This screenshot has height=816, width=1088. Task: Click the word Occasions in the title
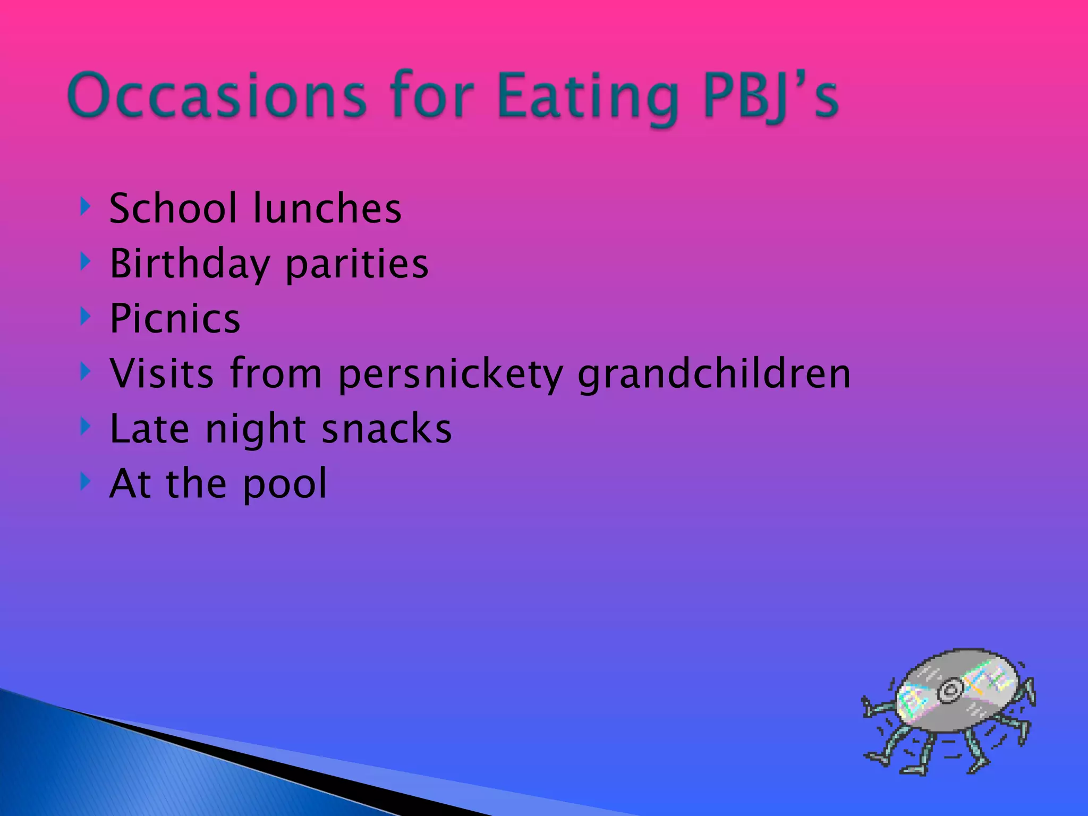coord(217,96)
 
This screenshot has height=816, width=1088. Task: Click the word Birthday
coord(190,264)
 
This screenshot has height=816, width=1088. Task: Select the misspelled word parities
coord(356,264)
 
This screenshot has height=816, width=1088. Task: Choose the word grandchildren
coord(714,373)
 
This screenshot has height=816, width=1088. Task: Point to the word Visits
coord(162,373)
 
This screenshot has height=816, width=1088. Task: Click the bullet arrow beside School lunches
coord(85,207)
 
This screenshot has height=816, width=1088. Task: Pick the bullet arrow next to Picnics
coord(85,317)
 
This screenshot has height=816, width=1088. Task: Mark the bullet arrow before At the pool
coord(85,481)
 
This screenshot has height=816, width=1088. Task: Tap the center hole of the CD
coord(949,691)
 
